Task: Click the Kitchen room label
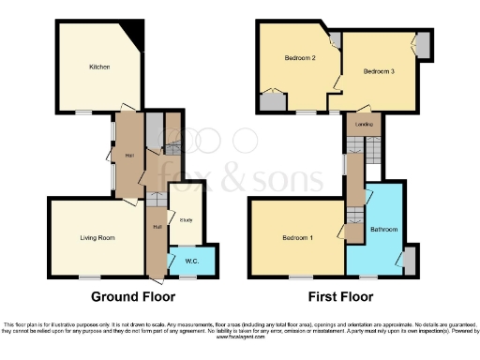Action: pyautogui.click(x=99, y=67)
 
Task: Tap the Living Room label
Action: pyautogui.click(x=97, y=238)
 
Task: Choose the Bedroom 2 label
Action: pyautogui.click(x=299, y=58)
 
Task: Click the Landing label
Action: pyautogui.click(x=361, y=124)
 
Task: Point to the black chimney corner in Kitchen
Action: pyautogui.click(x=139, y=36)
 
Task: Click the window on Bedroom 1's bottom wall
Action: pyautogui.click(x=300, y=277)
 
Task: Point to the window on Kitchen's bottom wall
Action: pyautogui.click(x=84, y=111)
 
